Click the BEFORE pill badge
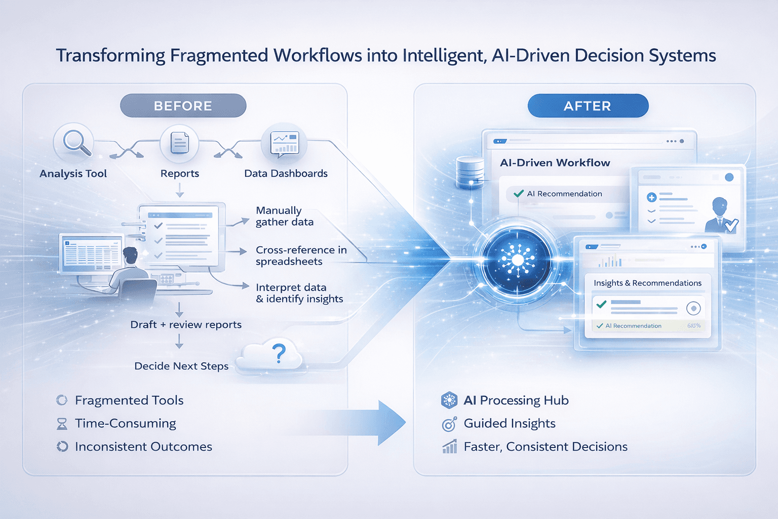pos(183,106)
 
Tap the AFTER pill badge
pos(588,106)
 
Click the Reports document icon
pos(179,143)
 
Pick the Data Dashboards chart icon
pos(285,142)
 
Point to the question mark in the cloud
pos(279,353)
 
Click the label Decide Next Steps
pos(181,366)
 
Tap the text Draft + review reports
pos(186,324)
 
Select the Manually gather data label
pos(284,216)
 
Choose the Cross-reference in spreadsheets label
pos(301,255)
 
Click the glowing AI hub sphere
pos(517,260)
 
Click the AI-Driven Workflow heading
pos(555,163)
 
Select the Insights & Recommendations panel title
pos(647,283)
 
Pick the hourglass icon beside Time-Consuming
pos(62,424)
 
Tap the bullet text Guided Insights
pos(510,423)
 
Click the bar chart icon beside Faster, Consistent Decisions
pos(449,447)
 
